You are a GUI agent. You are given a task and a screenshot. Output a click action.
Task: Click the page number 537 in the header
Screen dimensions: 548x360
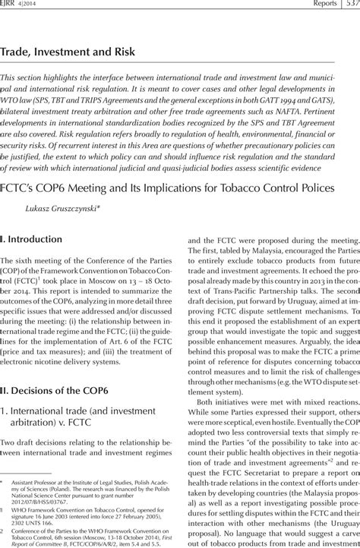point(349,4)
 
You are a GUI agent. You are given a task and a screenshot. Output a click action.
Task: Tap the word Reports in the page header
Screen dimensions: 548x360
point(310,4)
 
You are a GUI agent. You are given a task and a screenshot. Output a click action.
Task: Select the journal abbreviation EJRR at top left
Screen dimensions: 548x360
point(11,4)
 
